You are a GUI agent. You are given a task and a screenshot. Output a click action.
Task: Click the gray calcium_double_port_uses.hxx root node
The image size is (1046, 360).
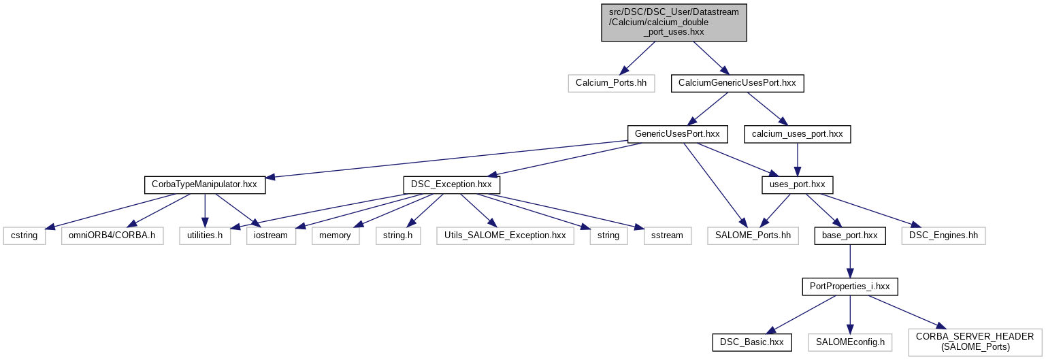(x=674, y=22)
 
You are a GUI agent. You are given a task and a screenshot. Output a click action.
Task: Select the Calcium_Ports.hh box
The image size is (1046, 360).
(x=611, y=84)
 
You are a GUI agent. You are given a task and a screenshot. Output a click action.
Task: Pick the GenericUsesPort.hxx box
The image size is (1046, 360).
(x=677, y=134)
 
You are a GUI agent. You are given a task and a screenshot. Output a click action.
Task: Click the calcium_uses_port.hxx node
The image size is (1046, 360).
(x=797, y=134)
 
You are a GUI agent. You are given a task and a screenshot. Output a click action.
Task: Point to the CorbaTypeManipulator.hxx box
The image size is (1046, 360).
(x=204, y=184)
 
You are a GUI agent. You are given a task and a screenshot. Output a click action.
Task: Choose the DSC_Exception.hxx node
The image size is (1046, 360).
(x=452, y=184)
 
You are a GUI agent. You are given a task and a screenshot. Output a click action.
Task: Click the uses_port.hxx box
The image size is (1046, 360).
(x=797, y=184)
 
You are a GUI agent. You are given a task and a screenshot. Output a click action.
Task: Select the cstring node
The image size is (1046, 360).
(x=24, y=235)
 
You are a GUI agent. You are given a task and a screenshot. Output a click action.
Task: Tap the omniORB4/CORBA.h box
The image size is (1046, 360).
(x=112, y=235)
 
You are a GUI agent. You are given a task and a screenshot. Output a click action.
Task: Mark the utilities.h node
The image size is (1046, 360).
(x=205, y=235)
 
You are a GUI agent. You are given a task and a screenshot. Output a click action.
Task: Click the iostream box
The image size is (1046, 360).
(x=272, y=235)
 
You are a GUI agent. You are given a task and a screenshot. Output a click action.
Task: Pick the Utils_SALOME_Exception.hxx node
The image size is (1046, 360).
(x=504, y=235)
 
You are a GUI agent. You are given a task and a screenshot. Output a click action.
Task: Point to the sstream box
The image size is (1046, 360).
(x=667, y=235)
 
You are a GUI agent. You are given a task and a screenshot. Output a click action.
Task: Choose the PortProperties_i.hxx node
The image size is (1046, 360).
(x=849, y=287)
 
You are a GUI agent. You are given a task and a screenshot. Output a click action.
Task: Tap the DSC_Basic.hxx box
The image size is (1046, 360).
(x=752, y=342)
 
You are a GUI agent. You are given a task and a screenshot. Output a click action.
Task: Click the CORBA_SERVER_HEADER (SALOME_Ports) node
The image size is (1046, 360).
(x=975, y=342)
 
